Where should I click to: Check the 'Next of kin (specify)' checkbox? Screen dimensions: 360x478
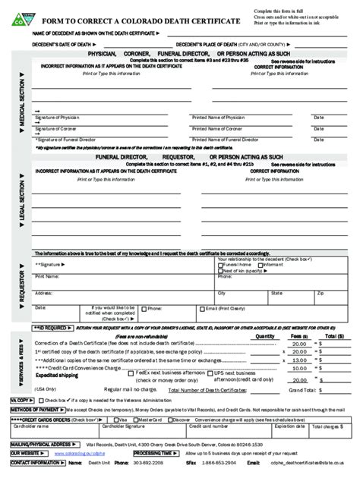click(221, 272)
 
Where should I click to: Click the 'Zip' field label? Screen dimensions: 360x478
click(320, 291)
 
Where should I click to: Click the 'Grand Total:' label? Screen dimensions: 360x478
click(288, 389)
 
